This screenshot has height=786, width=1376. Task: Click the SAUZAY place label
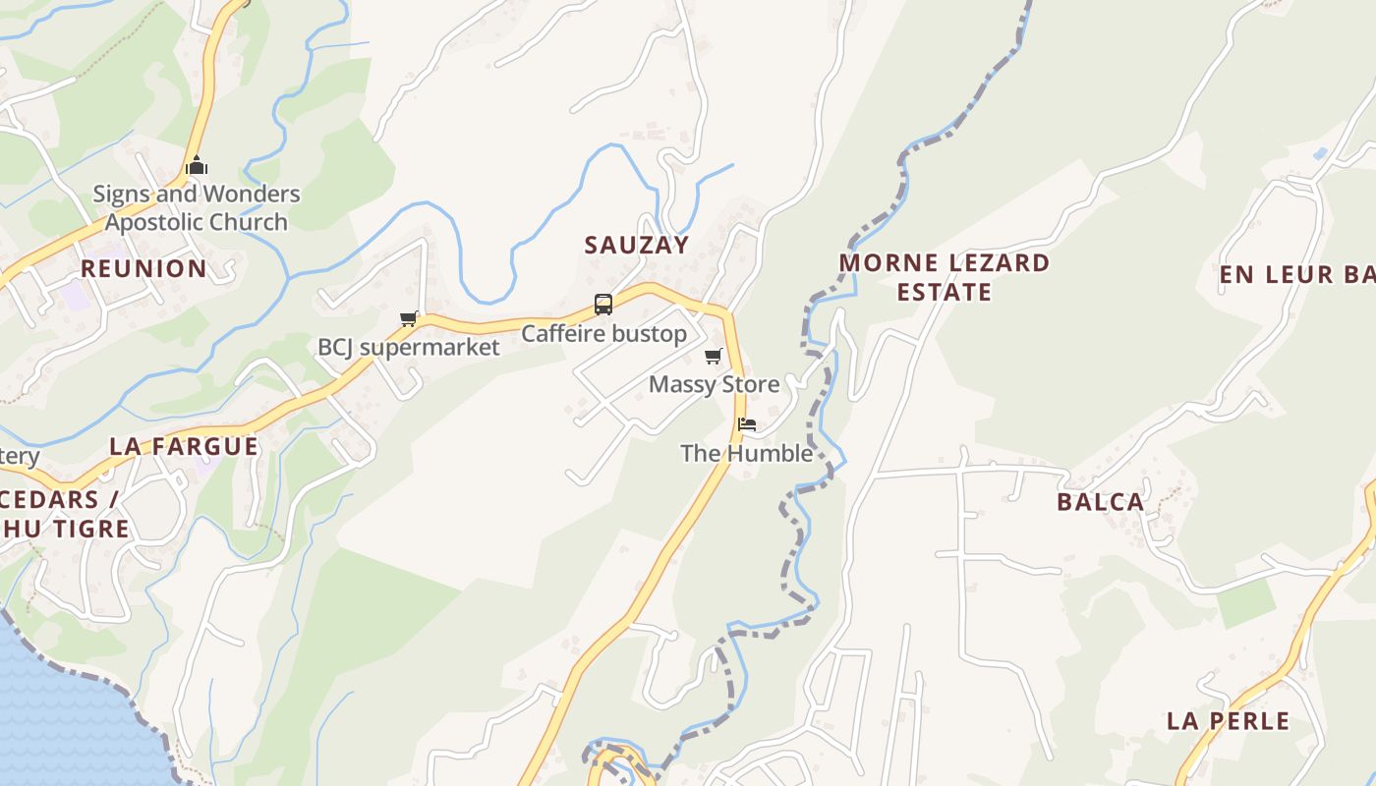tap(637, 245)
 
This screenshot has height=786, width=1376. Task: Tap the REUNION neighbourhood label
tap(143, 269)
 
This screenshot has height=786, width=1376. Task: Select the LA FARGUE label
tap(184, 446)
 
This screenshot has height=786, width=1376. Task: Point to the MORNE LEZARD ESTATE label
tap(944, 277)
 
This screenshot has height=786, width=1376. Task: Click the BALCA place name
tap(1101, 502)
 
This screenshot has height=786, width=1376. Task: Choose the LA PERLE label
tap(1229, 721)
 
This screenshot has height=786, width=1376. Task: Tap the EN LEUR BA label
tap(1295, 275)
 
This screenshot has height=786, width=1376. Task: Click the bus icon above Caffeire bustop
tap(603, 305)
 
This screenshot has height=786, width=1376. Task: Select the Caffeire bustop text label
tap(603, 334)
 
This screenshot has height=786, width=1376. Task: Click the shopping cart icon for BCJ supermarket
tap(409, 318)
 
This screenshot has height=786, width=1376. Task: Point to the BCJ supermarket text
tap(408, 348)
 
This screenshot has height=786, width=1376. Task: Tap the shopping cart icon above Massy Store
tap(714, 356)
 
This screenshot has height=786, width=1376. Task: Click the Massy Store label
tap(714, 384)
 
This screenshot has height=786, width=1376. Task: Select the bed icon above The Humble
tap(747, 424)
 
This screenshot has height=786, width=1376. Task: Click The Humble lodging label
tap(747, 453)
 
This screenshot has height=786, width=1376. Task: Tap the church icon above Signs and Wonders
tap(197, 165)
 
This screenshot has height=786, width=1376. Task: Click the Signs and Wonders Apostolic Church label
tap(197, 208)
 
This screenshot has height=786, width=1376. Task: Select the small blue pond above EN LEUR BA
tap(1319, 154)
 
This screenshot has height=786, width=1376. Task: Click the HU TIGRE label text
tap(65, 529)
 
